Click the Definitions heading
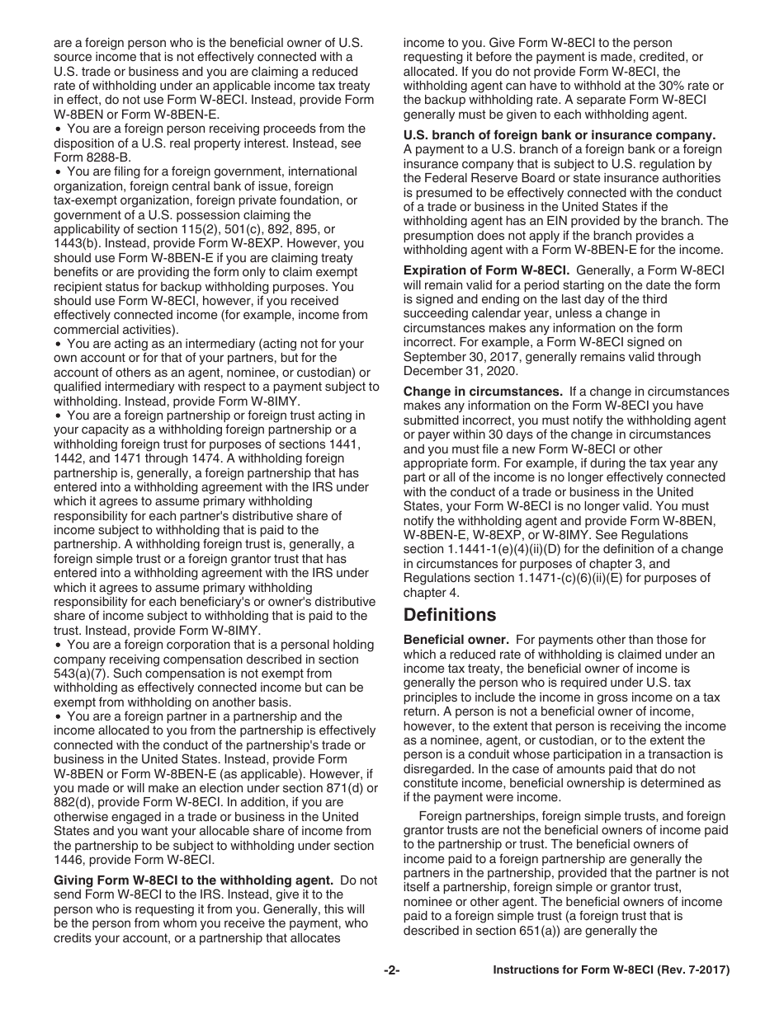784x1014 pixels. (450, 615)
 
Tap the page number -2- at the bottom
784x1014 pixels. (391, 970)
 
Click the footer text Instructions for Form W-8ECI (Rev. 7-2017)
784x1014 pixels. (612, 970)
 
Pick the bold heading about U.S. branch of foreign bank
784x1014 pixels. (559, 135)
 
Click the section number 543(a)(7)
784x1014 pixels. (81, 674)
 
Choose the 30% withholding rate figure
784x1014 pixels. (662, 86)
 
